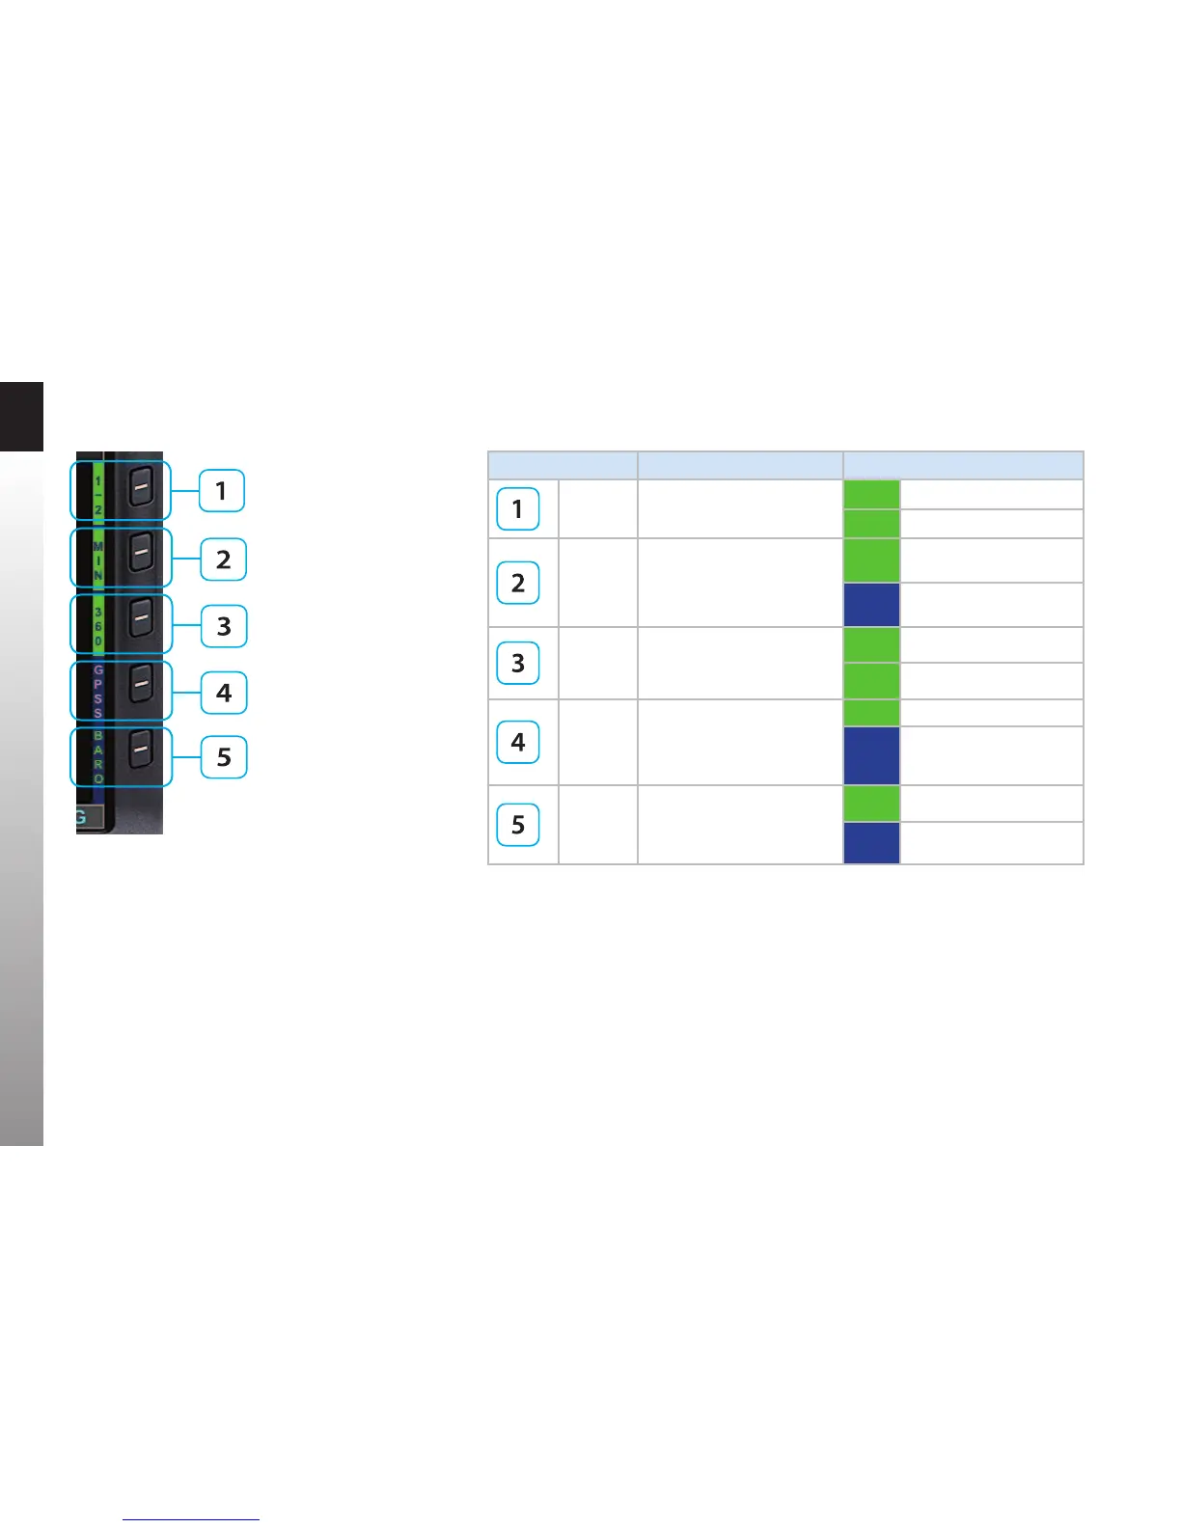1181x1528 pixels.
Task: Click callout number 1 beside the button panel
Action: tap(221, 491)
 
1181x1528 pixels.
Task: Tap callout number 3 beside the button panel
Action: tap(223, 626)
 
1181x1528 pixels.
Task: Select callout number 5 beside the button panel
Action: tap(223, 756)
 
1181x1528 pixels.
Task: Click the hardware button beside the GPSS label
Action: tap(141, 684)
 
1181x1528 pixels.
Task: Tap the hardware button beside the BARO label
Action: tap(141, 750)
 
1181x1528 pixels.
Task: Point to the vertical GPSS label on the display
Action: tap(98, 691)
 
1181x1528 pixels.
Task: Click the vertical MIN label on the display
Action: tap(98, 560)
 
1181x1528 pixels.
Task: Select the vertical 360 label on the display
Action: tap(98, 626)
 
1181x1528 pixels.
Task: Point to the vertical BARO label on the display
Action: tap(98, 756)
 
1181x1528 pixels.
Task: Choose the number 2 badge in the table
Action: tap(518, 583)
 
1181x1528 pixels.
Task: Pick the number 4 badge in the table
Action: tap(518, 742)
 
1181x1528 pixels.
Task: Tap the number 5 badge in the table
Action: tap(518, 825)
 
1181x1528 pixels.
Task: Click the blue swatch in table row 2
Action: tap(871, 605)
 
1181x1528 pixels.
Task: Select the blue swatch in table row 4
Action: tap(871, 755)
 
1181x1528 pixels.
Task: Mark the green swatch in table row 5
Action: tap(871, 804)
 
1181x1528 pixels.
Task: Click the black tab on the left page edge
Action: tap(21, 416)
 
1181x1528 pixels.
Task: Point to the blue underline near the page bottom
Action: tap(191, 1519)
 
